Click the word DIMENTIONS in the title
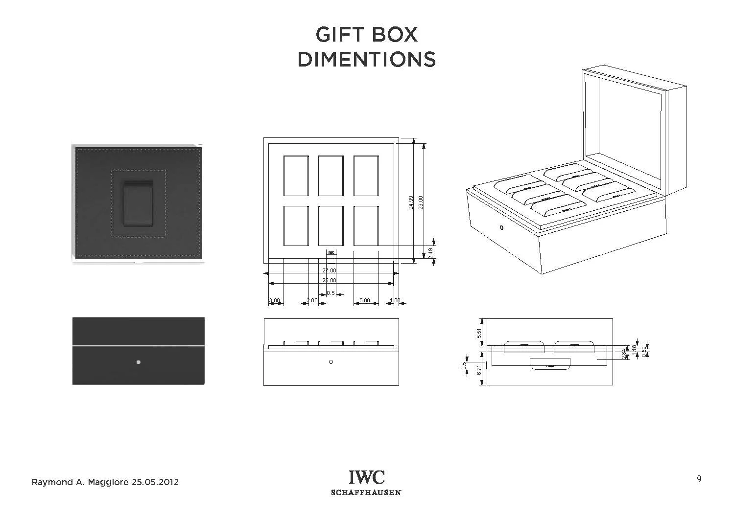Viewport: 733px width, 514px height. pos(366,60)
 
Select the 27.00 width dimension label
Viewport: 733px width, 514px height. pos(329,270)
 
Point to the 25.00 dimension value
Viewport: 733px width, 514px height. pos(329,280)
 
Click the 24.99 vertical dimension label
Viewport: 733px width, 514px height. pos(411,202)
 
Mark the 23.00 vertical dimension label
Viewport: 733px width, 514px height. pos(421,202)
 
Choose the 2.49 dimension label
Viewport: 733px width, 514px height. pos(430,253)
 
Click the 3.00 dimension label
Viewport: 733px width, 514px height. pos(274,300)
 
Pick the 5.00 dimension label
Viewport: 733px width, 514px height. pos(365,300)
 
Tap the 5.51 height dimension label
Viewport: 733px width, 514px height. pos(479,333)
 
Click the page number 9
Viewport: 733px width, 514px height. pos(699,479)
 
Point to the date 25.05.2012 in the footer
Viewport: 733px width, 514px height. pos(155,482)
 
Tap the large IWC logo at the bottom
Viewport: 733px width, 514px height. pos(366,477)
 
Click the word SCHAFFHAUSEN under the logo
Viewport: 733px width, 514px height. pos(366,492)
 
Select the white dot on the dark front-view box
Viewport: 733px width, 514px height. pos(139,362)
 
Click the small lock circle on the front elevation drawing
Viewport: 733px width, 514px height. pos(331,362)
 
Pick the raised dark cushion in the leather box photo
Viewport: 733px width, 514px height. pos(138,204)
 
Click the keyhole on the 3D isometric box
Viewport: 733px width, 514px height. pos(501,227)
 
